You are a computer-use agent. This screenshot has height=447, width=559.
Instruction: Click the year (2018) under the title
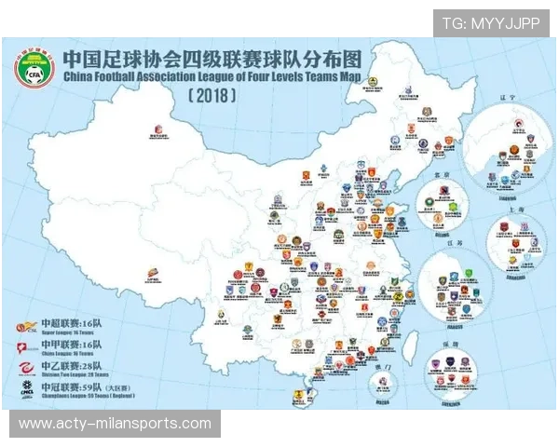click(212, 96)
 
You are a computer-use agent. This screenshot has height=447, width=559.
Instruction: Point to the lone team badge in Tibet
click(152, 274)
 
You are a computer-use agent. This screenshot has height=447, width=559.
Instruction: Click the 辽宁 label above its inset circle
click(507, 122)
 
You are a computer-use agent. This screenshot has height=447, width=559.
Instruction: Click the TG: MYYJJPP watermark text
click(490, 23)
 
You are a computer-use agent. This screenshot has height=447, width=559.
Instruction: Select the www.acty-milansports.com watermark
click(115, 424)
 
